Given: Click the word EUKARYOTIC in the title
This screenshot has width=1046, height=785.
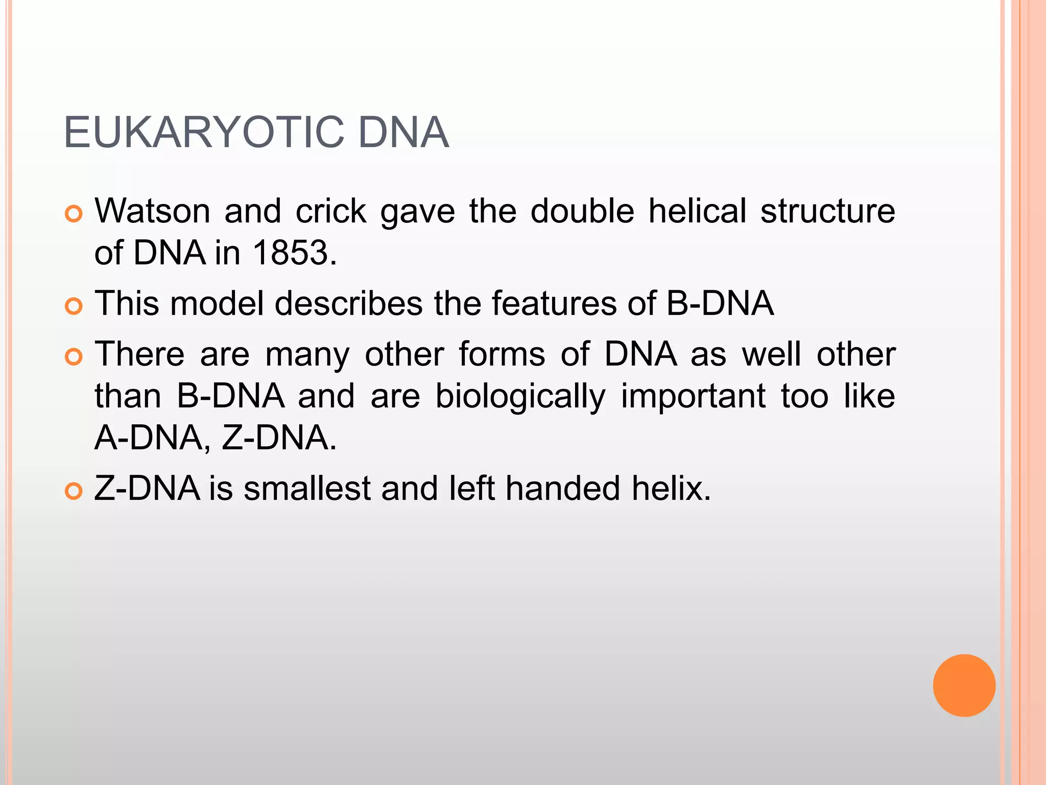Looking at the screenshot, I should (204, 132).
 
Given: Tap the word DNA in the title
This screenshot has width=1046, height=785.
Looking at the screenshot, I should (403, 132).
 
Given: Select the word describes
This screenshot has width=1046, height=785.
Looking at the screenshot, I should (349, 303).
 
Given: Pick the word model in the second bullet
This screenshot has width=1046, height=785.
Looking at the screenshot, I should (217, 303).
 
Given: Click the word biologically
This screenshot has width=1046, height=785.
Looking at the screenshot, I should (520, 397).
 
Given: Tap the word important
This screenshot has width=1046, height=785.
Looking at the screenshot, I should (693, 397).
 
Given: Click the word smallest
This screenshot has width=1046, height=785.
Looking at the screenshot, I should (307, 488).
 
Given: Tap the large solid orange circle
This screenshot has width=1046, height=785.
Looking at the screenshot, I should (964, 685).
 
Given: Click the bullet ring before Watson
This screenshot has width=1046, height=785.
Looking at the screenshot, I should (74, 214).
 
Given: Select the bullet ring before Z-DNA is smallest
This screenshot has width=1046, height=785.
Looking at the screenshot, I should (74, 491).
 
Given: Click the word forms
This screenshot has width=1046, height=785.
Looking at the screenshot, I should (502, 354).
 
